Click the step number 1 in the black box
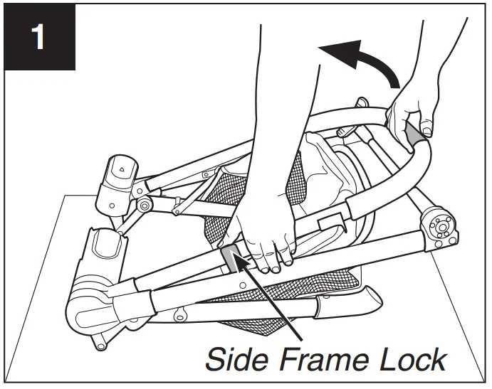(38, 38)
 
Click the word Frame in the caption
(320, 358)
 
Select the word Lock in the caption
(411, 358)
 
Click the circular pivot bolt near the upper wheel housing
(144, 206)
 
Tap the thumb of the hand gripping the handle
(428, 127)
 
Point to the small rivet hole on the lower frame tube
(243, 287)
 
